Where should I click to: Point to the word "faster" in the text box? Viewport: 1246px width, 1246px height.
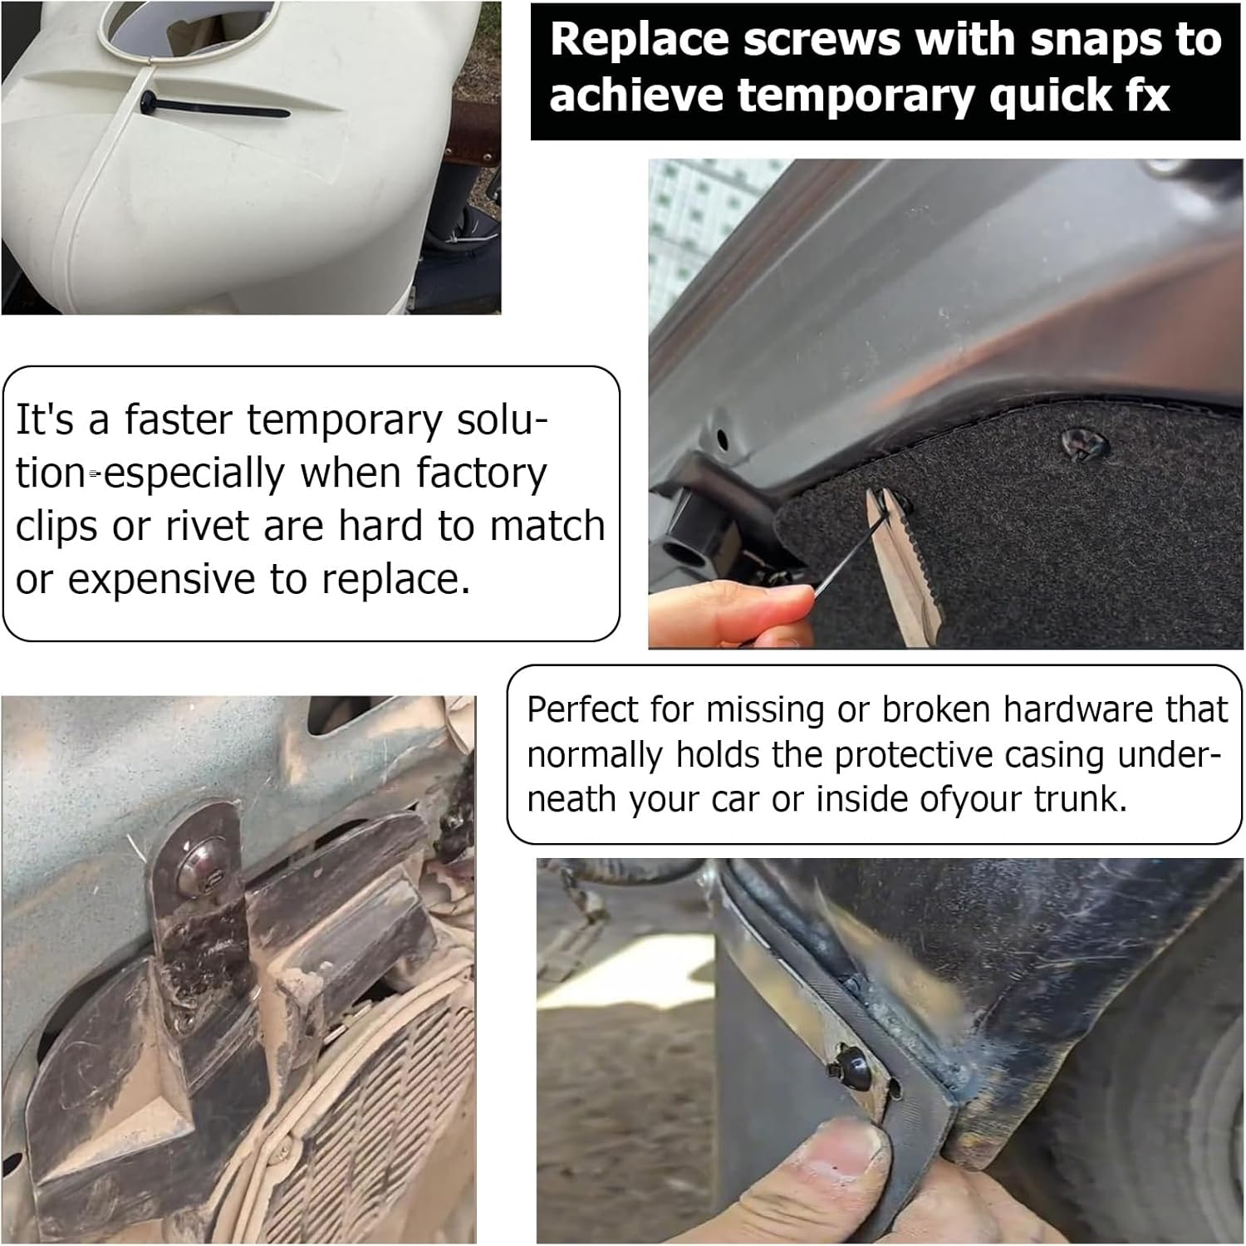coord(177,419)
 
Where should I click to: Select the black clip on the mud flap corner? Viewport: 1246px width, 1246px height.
coord(849,1066)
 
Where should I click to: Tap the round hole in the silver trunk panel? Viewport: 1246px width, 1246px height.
coord(722,439)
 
